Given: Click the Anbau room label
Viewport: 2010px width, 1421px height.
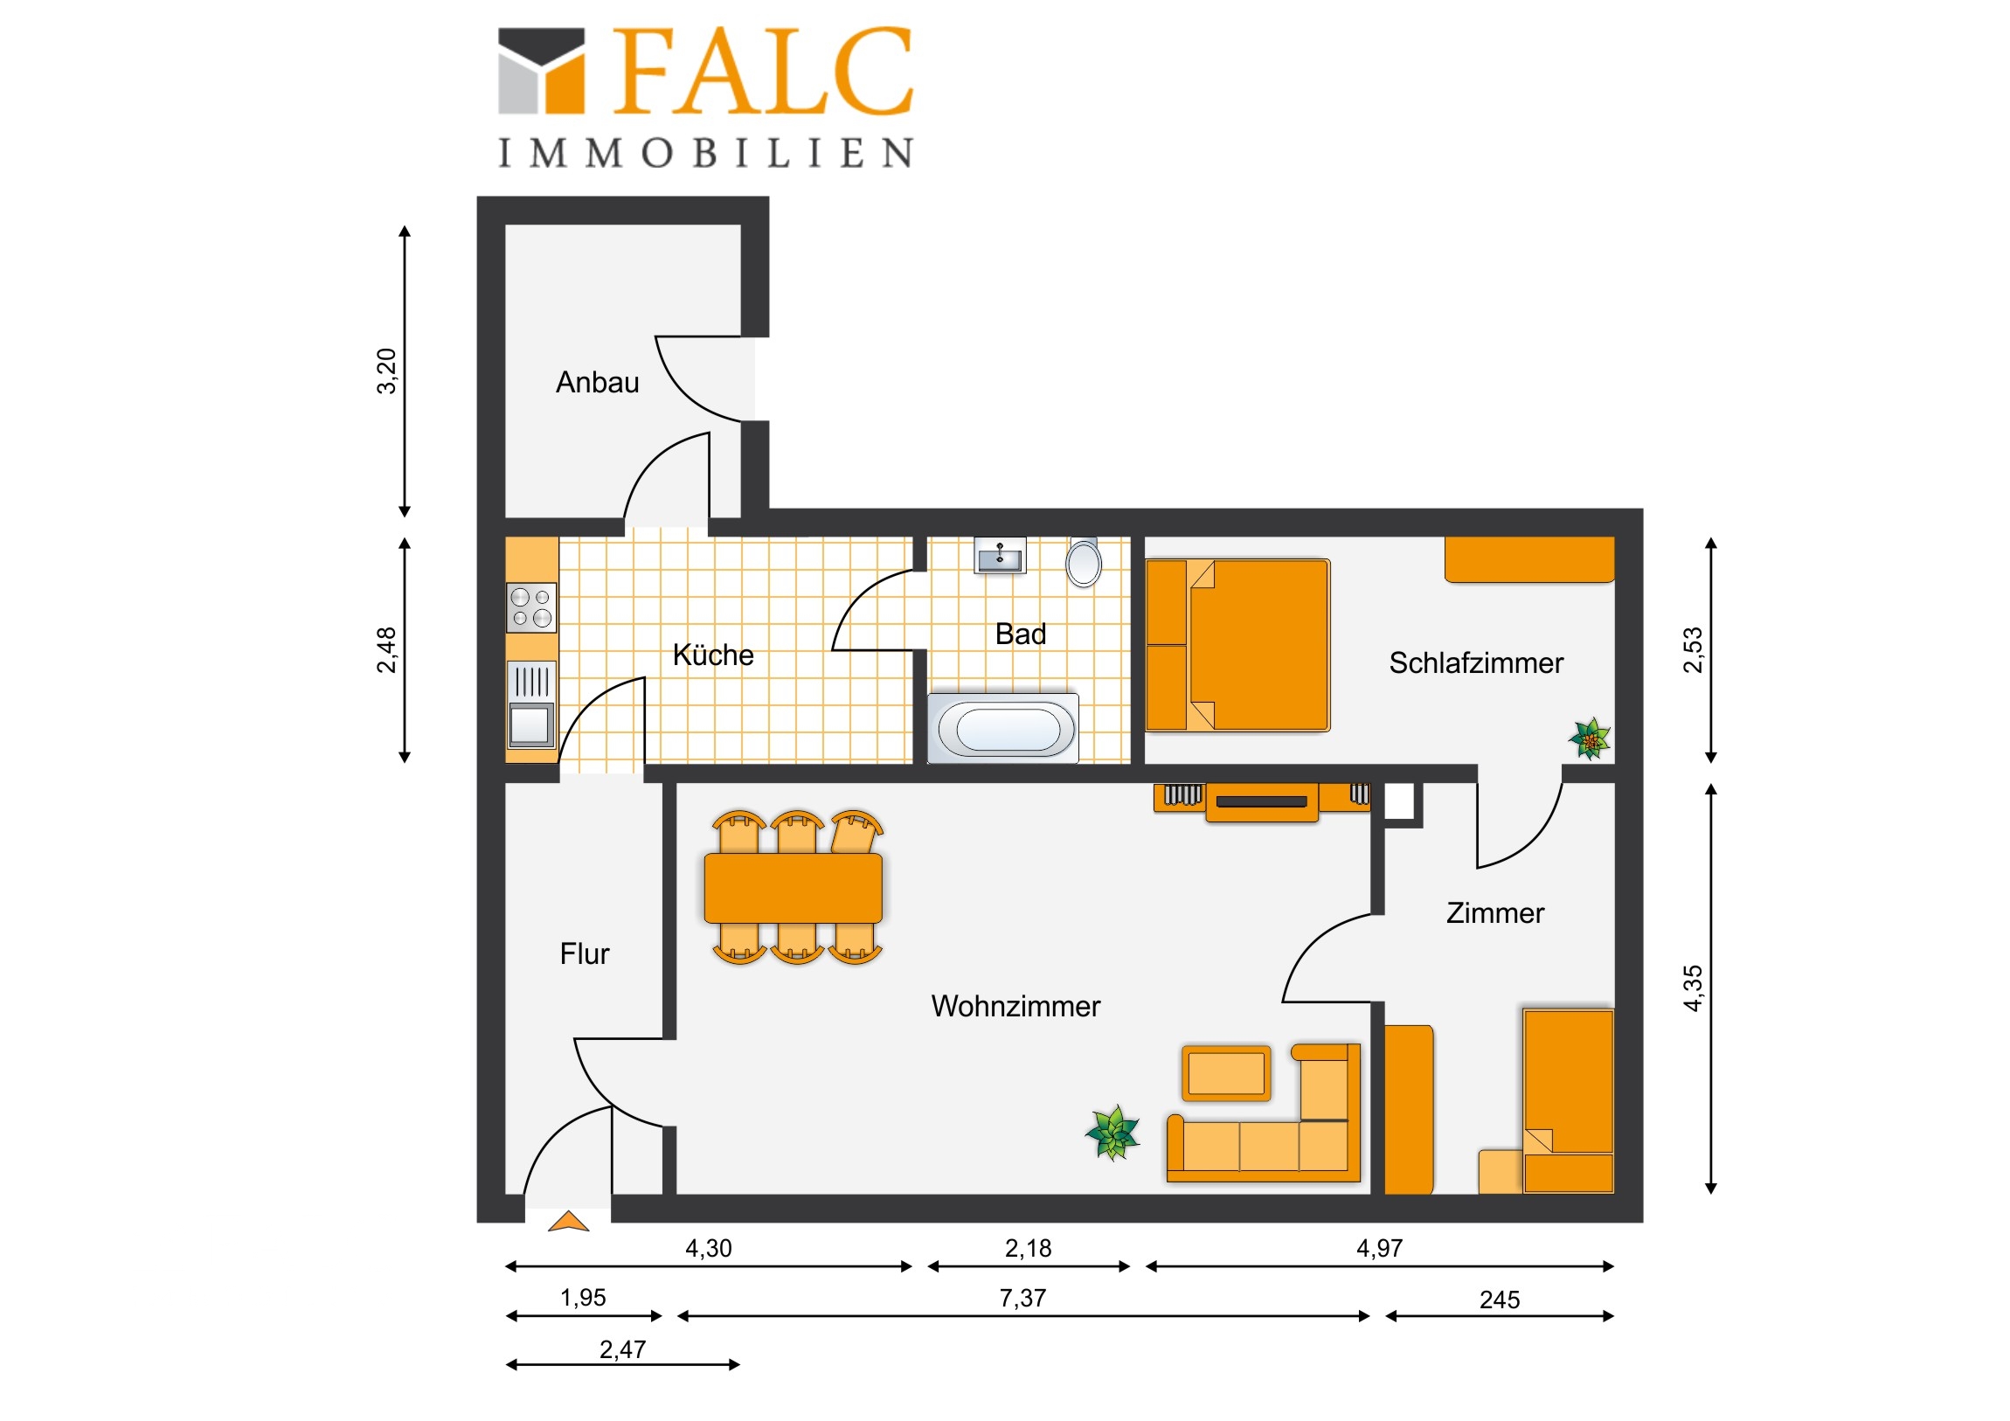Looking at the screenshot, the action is coord(597,383).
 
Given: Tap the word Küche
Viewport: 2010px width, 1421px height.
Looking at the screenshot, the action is coord(712,654).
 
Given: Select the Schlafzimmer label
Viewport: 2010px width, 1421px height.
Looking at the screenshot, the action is coord(1476,662).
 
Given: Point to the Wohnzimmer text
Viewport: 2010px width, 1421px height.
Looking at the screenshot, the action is coord(1015,1006).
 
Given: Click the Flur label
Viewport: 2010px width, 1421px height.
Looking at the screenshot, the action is coord(584,953).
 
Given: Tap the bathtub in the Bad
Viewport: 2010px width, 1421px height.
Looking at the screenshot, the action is coord(1003,729).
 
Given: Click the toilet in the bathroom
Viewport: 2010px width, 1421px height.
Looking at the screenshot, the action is coord(1084,562).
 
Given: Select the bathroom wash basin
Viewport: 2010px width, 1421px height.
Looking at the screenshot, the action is coord(1000,555).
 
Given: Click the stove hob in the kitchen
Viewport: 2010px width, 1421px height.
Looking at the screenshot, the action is coord(531,607).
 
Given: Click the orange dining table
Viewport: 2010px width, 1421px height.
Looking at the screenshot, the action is coord(794,888).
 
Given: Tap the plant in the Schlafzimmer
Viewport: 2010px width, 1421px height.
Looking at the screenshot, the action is coord(1590,738).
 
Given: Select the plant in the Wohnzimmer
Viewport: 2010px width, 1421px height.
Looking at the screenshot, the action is coord(1112,1133).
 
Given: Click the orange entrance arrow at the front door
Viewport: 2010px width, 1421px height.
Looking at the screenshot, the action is coord(568,1222).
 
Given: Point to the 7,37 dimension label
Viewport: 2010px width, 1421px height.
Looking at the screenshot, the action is coord(1022,1299).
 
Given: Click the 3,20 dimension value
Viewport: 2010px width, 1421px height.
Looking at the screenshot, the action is coord(386,371).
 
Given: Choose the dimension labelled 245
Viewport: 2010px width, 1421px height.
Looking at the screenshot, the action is coord(1500,1300).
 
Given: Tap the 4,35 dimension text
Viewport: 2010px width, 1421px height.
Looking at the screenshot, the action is coord(1693,988).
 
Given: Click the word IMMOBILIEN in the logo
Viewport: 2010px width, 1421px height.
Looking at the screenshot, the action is coord(705,153).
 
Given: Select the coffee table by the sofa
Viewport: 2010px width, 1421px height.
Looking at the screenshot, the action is coord(1225,1073).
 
